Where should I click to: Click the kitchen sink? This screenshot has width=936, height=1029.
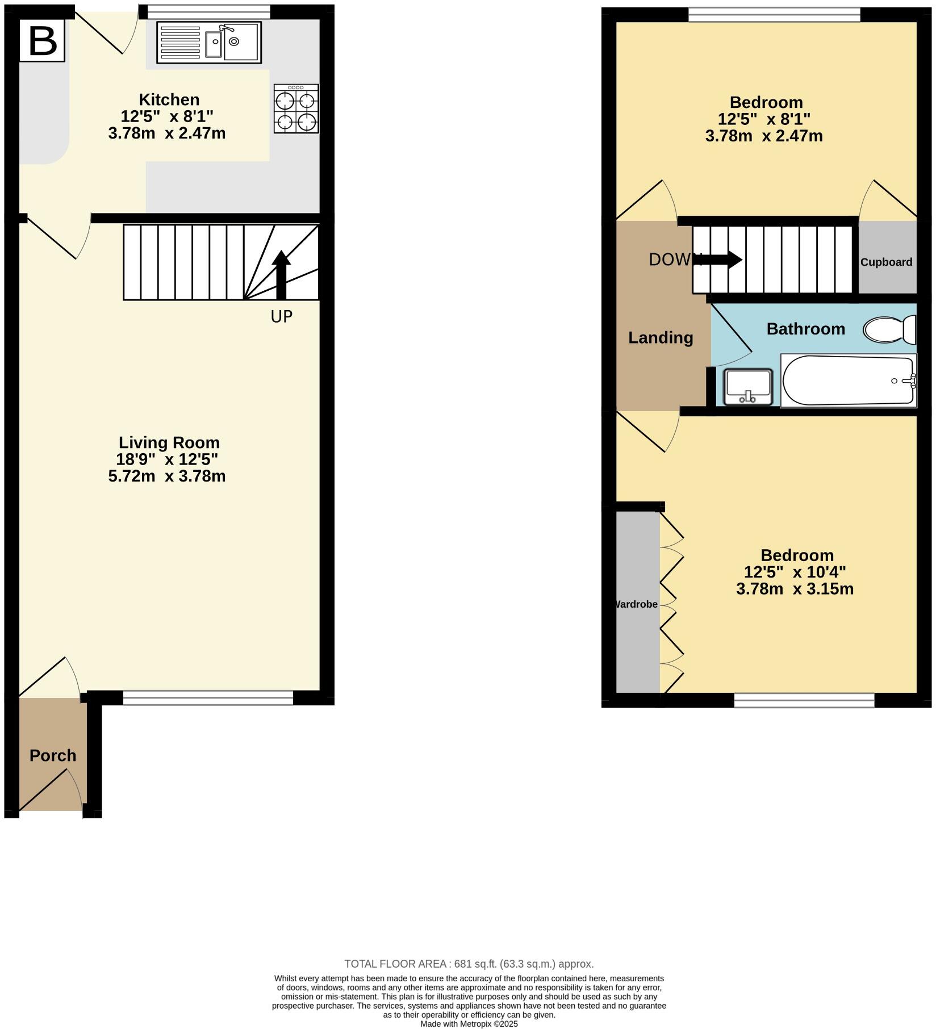(208, 43)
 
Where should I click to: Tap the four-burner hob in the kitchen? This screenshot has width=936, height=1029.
(296, 108)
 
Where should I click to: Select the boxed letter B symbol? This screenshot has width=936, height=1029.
(43, 41)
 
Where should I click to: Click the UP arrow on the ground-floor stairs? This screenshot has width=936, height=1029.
(281, 274)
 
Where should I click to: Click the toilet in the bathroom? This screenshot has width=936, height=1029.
(889, 329)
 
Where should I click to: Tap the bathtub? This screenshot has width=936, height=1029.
(848, 380)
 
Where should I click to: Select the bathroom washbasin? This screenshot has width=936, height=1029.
(748, 387)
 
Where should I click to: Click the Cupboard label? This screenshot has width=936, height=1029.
(886, 262)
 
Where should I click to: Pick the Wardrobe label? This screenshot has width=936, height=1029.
(637, 604)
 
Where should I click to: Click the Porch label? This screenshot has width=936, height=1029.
(53, 755)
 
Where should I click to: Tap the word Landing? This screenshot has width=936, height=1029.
(661, 337)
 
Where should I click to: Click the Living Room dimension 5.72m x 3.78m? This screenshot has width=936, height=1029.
(167, 476)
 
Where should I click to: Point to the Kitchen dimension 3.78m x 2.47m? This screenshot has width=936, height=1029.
(167, 133)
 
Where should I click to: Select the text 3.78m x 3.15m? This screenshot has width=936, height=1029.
(795, 589)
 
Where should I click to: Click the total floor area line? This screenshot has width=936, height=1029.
(469, 963)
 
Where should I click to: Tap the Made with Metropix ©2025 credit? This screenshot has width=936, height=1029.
(469, 1023)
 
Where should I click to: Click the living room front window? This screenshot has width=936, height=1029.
(208, 698)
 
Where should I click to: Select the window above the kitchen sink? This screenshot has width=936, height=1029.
(208, 11)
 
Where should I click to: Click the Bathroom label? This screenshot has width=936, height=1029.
(805, 329)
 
